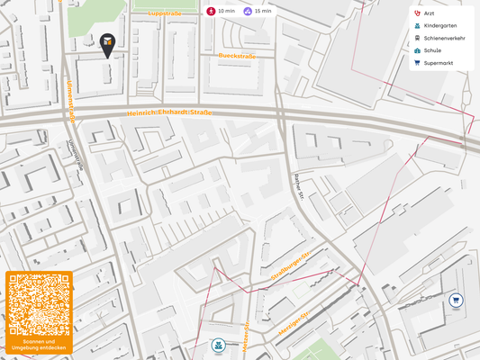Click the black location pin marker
click(x=107, y=44)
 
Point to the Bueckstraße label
click(x=238, y=56)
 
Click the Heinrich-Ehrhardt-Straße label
click(x=168, y=112)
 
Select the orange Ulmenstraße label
click(x=69, y=99)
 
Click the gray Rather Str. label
click(x=297, y=188)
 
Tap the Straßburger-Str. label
click(x=290, y=268)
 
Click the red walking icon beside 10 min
click(x=211, y=11)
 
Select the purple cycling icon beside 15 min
click(x=248, y=11)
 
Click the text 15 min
click(x=263, y=11)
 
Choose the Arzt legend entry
click(x=435, y=14)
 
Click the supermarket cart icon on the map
click(x=457, y=300)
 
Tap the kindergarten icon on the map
click(x=218, y=345)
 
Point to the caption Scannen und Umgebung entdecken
click(x=38, y=345)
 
